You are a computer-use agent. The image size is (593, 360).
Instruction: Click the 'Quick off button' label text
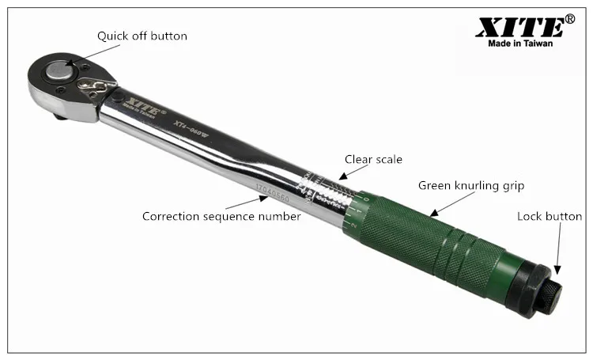coord(142,36)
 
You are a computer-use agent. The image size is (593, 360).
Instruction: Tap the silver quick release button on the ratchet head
coord(58,71)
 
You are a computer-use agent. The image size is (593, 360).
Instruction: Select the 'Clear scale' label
coord(372,159)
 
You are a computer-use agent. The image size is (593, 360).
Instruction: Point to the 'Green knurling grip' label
coord(471,186)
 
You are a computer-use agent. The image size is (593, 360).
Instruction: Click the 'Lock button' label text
coord(549,216)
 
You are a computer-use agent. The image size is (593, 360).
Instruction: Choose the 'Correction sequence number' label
coord(221,216)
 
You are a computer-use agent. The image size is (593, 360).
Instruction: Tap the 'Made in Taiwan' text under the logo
coord(519,44)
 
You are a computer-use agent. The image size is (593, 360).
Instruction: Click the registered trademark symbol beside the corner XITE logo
coord(568,17)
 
